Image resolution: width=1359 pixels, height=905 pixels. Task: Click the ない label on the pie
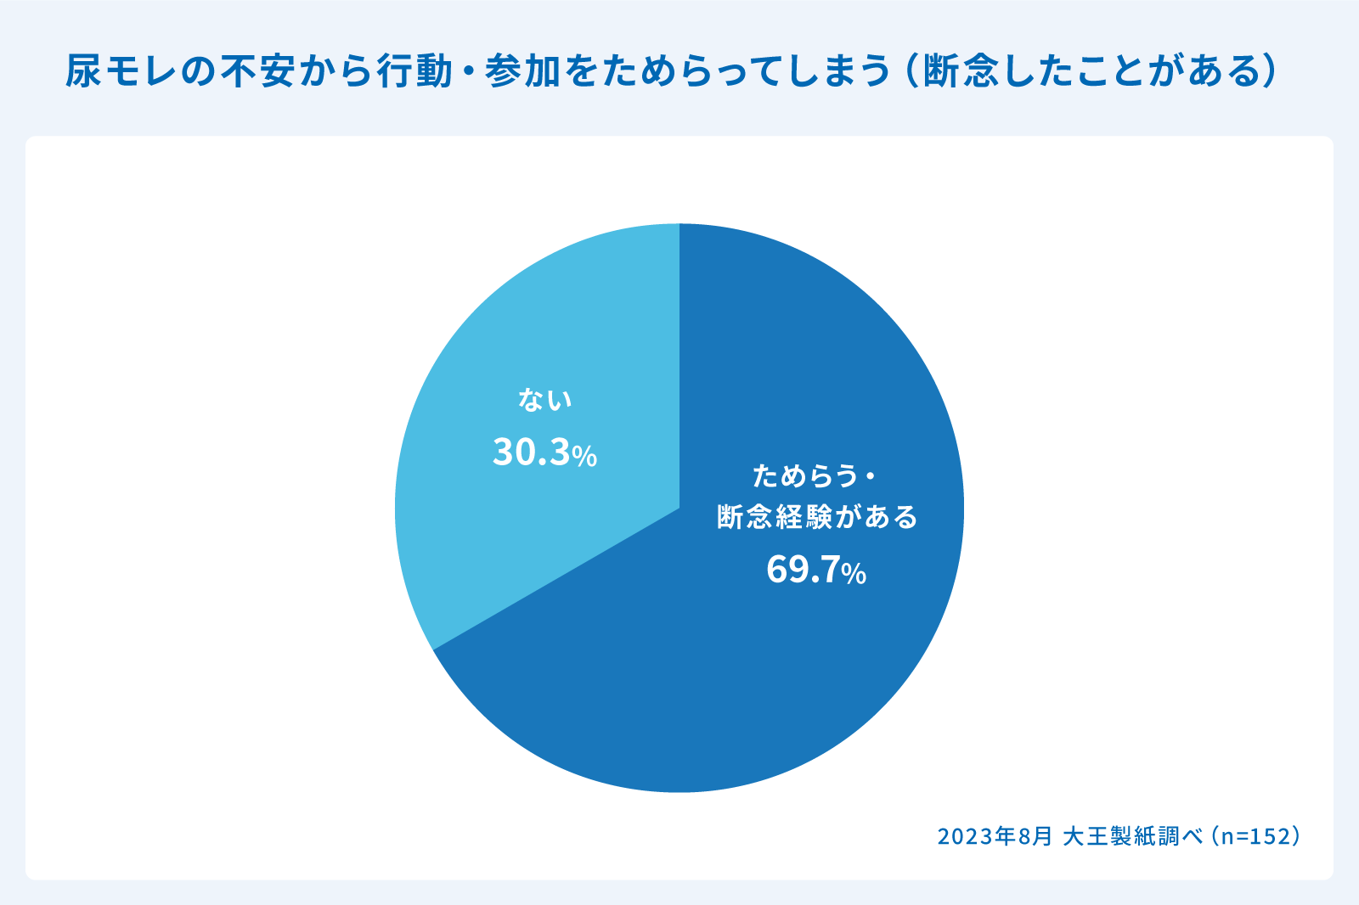(545, 400)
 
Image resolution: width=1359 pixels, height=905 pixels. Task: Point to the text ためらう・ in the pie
(814, 475)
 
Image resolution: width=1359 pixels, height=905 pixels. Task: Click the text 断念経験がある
(817, 516)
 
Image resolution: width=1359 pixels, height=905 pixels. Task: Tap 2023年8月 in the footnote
(995, 836)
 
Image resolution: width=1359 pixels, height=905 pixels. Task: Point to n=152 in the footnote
(1256, 836)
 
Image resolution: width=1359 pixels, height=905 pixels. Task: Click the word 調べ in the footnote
(1181, 836)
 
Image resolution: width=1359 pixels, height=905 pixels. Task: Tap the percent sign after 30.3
(584, 457)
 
